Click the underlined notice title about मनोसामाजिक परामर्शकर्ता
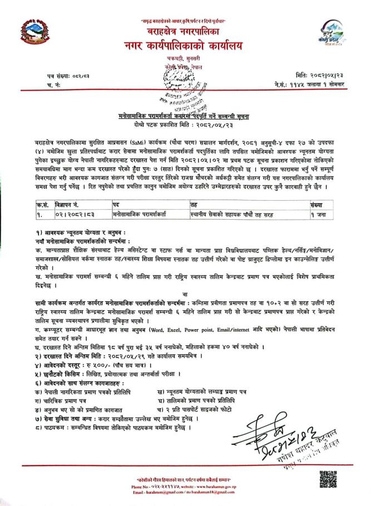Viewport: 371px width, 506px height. pyautogui.click(x=185, y=118)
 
